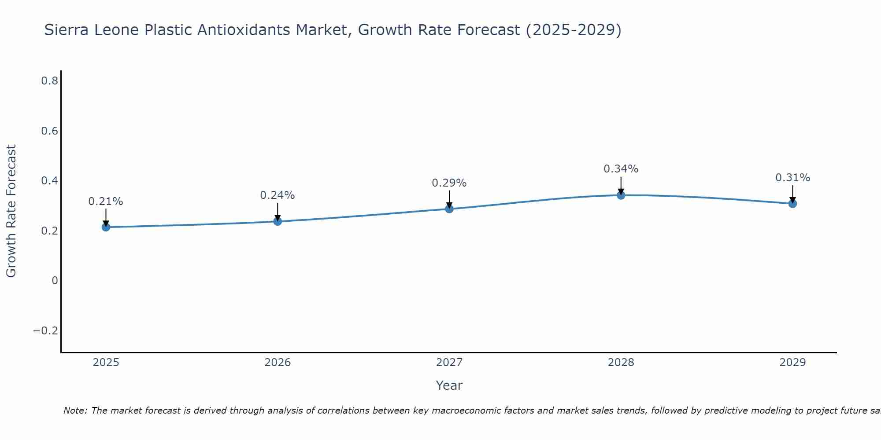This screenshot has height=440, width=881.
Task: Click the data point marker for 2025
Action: pyautogui.click(x=106, y=227)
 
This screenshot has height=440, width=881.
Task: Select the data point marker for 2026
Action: pyautogui.click(x=278, y=221)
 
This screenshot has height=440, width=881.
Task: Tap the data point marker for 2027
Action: pyautogui.click(x=449, y=209)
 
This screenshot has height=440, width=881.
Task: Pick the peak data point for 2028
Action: pyautogui.click(x=621, y=195)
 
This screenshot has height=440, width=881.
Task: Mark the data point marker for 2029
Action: pyautogui.click(x=792, y=203)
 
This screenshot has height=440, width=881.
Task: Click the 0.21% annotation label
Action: pyautogui.click(x=106, y=202)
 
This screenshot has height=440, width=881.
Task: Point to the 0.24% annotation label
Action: pyautogui.click(x=278, y=195)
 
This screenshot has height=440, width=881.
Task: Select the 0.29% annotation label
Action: pyautogui.click(x=449, y=183)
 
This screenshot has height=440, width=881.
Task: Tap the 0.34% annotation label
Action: pyautogui.click(x=621, y=169)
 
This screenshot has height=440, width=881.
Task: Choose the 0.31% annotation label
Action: pyautogui.click(x=792, y=178)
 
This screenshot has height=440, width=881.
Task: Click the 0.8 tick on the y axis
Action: pyautogui.click(x=49, y=81)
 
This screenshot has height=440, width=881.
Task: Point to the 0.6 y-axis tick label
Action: pyautogui.click(x=49, y=131)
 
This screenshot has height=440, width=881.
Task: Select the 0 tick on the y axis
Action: pyautogui.click(x=55, y=281)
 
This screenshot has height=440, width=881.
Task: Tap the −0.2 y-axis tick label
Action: pyautogui.click(x=46, y=331)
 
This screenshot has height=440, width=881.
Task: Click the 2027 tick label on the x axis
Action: pyautogui.click(x=449, y=363)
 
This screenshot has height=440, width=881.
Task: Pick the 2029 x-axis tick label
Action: pyautogui.click(x=792, y=363)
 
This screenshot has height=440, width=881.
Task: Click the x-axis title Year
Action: pyautogui.click(x=449, y=385)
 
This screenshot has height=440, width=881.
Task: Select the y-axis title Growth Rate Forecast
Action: pyautogui.click(x=11, y=211)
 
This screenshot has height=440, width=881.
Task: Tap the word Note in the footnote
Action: pyautogui.click(x=74, y=411)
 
